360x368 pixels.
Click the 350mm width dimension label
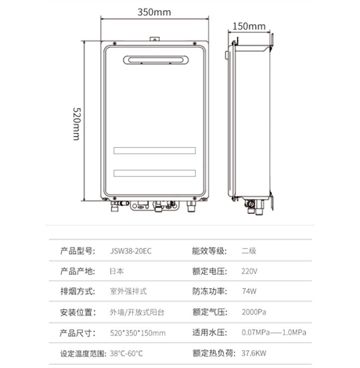[x=154, y=13]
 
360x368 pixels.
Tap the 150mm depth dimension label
[x=249, y=27]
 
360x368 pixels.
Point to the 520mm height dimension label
[x=77, y=124]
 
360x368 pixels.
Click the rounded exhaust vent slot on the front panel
[x=156, y=60]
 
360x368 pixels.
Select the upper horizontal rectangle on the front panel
[x=154, y=150]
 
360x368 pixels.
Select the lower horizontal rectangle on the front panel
[x=154, y=173]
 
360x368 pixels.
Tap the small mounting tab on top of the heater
[x=154, y=39]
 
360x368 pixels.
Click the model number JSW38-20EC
[x=131, y=251]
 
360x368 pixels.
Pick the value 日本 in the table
[x=117, y=271]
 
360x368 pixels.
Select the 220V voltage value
[x=250, y=272]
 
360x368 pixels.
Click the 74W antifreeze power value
[x=249, y=291]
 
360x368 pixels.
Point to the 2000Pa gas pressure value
[x=254, y=312]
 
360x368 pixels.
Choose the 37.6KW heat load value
[x=254, y=353]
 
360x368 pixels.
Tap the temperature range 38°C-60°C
[x=126, y=353]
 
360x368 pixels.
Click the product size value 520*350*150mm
[x=138, y=333]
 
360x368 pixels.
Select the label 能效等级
[x=210, y=251]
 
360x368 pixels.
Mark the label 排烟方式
[x=77, y=291]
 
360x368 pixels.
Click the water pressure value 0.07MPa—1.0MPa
[x=274, y=333]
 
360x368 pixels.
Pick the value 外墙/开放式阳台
[x=137, y=312]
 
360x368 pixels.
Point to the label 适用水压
[x=210, y=333]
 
